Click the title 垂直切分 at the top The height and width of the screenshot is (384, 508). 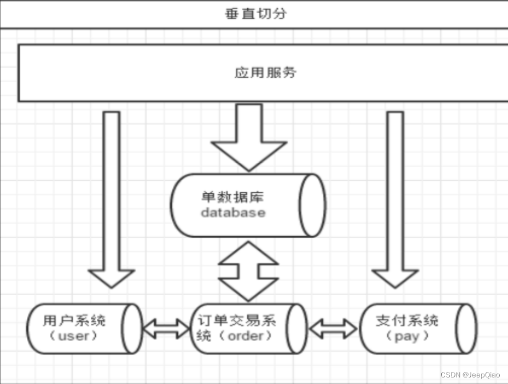click(255, 14)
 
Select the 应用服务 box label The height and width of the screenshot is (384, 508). click(265, 72)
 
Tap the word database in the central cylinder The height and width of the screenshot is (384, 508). click(233, 213)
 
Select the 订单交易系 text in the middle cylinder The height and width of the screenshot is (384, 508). click(236, 320)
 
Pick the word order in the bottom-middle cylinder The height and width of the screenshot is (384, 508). click(245, 336)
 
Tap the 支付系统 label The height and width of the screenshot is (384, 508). click(407, 320)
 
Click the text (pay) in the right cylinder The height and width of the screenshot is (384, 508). click(407, 336)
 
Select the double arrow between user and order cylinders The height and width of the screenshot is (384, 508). click(165, 329)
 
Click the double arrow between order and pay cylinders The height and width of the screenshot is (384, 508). click(332, 329)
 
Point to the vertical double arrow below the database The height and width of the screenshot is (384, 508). click(249, 271)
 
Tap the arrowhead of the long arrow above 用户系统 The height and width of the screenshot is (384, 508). click(111, 278)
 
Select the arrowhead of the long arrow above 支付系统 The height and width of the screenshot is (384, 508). click(395, 278)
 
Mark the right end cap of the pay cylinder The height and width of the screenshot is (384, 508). click(466, 328)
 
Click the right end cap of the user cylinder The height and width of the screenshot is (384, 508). click(132, 328)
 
